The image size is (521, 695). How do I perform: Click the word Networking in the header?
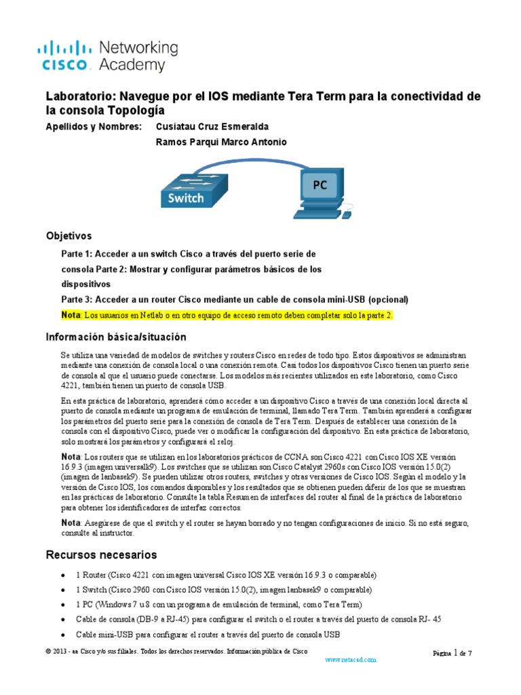click(x=138, y=48)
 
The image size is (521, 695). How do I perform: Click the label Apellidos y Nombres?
click(x=94, y=127)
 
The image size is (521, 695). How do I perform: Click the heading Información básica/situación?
click(x=115, y=337)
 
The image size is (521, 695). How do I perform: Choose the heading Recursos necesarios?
click(x=101, y=555)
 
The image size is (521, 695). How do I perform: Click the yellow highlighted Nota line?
click(x=227, y=316)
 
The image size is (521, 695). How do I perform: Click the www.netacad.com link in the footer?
click(x=351, y=660)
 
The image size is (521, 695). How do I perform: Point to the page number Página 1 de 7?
click(x=452, y=653)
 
